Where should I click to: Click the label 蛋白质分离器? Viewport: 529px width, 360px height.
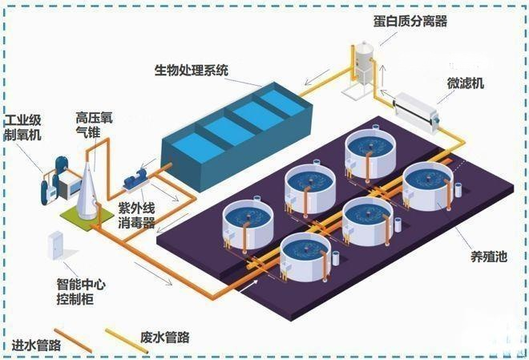pos(410,21)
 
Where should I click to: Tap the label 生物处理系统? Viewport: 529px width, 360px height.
pos(192,71)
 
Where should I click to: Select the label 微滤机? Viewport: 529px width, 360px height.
pos(465,83)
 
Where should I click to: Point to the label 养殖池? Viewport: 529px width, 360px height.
pos(489,257)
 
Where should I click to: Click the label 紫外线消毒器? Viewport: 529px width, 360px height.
pos(136,215)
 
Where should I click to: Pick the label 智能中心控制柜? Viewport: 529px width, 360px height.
pos(81,292)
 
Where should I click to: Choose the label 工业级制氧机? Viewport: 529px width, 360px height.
pos(22,127)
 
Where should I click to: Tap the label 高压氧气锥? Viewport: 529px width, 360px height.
pos(94,125)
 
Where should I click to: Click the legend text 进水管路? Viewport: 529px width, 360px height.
pos(36,345)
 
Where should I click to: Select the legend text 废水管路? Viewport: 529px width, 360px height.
pos(164,337)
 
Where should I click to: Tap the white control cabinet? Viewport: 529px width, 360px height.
pos(55,245)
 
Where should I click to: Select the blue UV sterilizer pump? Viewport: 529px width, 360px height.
pos(135,179)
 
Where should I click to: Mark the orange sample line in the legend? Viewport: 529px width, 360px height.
pos(73,341)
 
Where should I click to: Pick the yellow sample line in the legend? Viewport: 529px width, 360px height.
pos(127,341)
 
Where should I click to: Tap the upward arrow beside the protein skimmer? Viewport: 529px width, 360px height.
pos(382,74)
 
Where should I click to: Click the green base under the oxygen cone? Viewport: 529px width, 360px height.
pos(87,217)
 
